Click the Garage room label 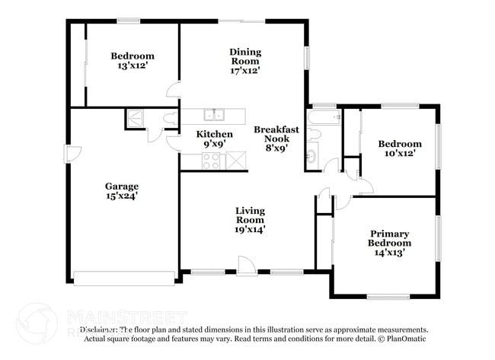(121, 186)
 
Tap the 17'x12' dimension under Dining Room (245, 71)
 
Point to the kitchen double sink (213, 115)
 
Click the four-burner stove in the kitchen (210, 161)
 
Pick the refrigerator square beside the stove (237, 161)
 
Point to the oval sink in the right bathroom (311, 158)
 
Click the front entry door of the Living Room (245, 266)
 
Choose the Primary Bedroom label (389, 238)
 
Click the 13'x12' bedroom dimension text (133, 66)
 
